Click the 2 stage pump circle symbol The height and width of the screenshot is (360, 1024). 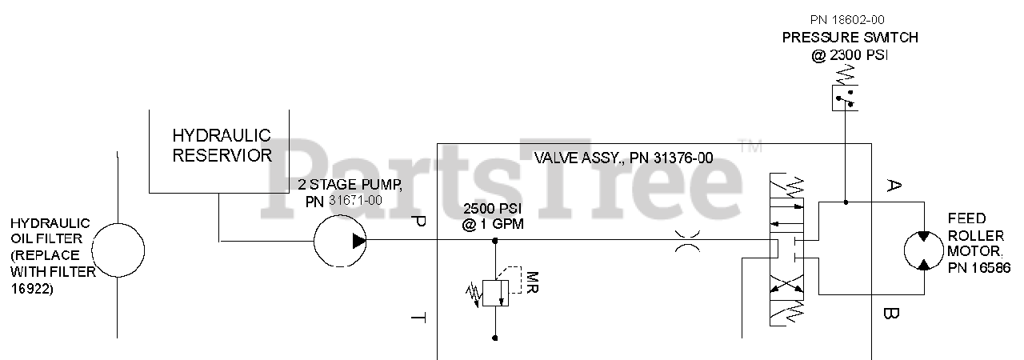tap(339, 240)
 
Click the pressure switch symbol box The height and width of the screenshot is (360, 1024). tap(845, 98)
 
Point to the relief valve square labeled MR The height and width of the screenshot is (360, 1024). tap(496, 291)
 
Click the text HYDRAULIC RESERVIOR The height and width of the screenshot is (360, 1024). tap(222, 145)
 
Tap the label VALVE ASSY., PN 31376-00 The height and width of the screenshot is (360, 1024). tap(623, 158)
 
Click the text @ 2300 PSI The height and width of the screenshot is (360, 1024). tap(850, 56)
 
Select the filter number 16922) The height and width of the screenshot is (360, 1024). tap(32, 290)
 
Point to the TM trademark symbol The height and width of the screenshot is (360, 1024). tap(750, 146)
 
